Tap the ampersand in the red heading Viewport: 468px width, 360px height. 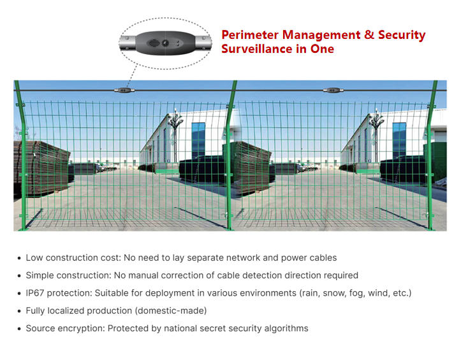(x=369, y=34)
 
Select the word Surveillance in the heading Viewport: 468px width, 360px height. (x=256, y=49)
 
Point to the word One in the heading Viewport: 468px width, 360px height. (x=322, y=49)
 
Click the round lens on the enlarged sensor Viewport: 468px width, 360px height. (x=165, y=43)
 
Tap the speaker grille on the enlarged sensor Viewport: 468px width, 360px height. (x=154, y=43)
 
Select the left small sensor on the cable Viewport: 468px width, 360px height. (x=124, y=90)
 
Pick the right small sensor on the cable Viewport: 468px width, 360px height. (x=333, y=90)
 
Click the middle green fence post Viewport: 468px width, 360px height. (x=230, y=155)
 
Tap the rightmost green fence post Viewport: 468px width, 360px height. (x=430, y=155)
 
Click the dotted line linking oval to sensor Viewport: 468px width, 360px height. (x=132, y=76)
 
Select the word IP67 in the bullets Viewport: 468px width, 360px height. (x=35, y=293)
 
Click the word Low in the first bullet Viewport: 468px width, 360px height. (x=34, y=257)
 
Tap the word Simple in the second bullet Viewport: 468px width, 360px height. (x=40, y=275)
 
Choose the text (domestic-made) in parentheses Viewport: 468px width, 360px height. (x=171, y=311)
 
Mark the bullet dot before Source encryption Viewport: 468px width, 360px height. (x=19, y=329)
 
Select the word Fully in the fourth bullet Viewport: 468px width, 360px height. (x=35, y=311)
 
